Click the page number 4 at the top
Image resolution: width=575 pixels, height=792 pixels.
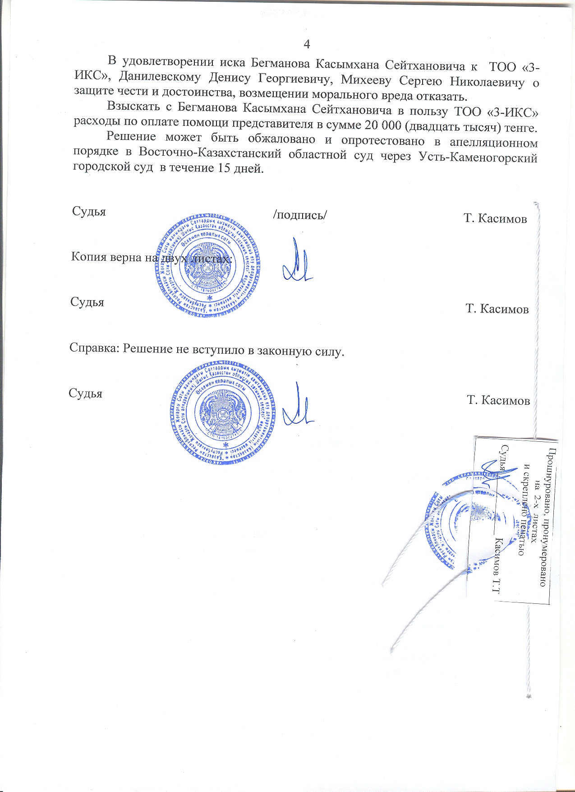(307, 44)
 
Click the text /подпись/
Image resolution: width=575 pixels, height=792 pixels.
(300, 214)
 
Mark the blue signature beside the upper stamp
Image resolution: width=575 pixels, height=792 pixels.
(297, 262)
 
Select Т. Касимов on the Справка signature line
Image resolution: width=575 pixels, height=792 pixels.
(498, 400)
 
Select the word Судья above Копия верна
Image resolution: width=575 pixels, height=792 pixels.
(89, 211)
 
